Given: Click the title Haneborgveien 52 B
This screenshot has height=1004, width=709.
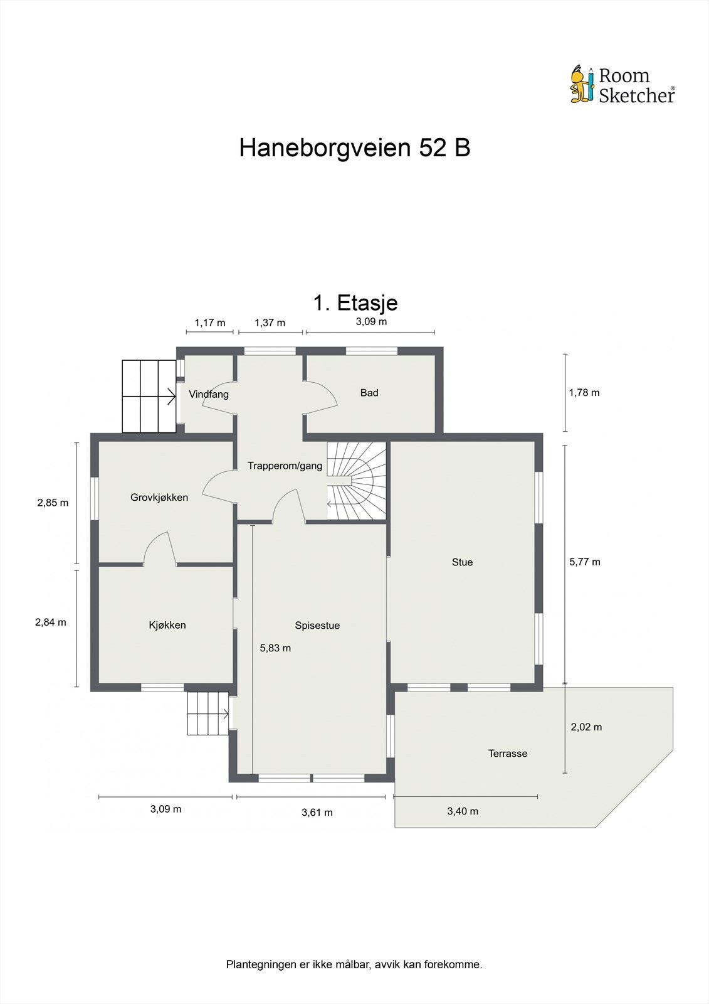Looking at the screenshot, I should [354, 148].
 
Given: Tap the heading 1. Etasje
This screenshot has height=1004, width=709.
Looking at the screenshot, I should [355, 303].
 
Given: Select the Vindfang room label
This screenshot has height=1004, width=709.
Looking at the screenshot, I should [209, 395].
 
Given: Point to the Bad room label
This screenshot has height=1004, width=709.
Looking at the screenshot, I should [369, 393].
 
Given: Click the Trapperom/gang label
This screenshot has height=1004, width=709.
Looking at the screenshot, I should [285, 466].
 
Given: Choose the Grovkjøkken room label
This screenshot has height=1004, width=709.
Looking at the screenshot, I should [159, 498].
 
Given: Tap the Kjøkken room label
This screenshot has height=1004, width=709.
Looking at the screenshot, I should [167, 625].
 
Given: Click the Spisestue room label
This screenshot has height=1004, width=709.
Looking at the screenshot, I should [317, 626].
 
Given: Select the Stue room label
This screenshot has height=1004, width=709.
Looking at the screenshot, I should [462, 562].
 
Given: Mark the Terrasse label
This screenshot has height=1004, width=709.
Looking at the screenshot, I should [508, 754].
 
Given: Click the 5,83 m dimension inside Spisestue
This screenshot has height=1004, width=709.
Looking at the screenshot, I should [275, 648].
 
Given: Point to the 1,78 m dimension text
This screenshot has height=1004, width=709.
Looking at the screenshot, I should [584, 393].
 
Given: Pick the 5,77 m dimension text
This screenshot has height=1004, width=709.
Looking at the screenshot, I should [584, 562].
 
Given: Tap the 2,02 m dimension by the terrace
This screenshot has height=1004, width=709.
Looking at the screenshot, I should [586, 727].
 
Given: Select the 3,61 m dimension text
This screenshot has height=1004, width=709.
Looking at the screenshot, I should [317, 813].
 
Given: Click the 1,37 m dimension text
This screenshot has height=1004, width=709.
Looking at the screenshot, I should [270, 323].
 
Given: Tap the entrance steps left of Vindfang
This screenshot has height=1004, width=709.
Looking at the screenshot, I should [149, 396].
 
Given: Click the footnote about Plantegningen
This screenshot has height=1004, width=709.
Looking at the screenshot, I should [354, 964].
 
